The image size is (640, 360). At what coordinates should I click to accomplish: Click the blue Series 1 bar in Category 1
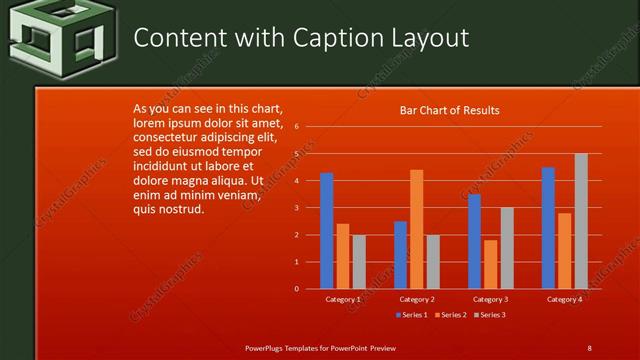326,231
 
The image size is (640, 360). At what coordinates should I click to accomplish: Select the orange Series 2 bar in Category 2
416,229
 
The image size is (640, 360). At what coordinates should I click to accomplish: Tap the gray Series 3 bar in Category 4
581,221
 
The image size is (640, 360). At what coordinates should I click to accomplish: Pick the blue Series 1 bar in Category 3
474,241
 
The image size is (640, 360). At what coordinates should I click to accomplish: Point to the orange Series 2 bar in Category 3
490,264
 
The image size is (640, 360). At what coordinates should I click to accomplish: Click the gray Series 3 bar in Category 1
359,262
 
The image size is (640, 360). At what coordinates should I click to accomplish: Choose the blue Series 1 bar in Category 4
548,228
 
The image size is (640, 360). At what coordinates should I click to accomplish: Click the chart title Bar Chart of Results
449,111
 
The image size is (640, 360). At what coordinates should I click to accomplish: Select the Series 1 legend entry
411,315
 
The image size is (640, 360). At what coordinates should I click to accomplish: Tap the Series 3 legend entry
489,315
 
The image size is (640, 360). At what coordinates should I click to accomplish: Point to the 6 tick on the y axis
297,127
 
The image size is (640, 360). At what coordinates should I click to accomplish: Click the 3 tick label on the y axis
297,208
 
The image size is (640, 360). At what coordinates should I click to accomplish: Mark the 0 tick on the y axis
297,288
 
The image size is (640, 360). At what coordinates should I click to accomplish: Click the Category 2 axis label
417,299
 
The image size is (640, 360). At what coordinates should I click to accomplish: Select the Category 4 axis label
565,299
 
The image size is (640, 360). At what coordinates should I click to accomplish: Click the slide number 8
589,347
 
